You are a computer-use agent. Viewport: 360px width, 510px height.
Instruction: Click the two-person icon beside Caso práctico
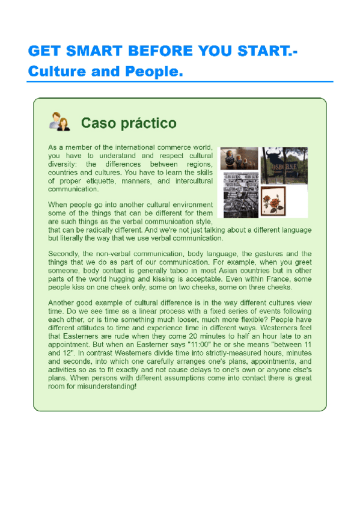[x=60, y=122]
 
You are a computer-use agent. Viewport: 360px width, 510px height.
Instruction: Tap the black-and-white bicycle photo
[x=240, y=195]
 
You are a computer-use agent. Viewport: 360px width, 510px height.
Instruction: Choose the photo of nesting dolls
[x=239, y=159]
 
